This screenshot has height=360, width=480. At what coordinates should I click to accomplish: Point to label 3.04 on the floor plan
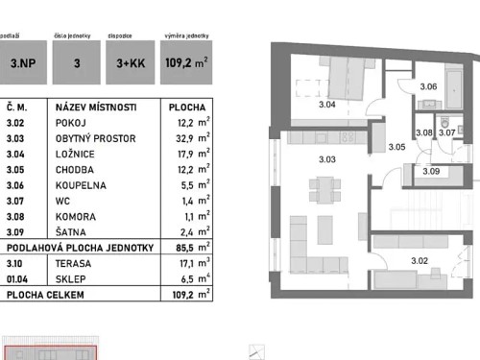pos(327,104)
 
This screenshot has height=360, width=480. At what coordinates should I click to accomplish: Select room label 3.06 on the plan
pos(429,87)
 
